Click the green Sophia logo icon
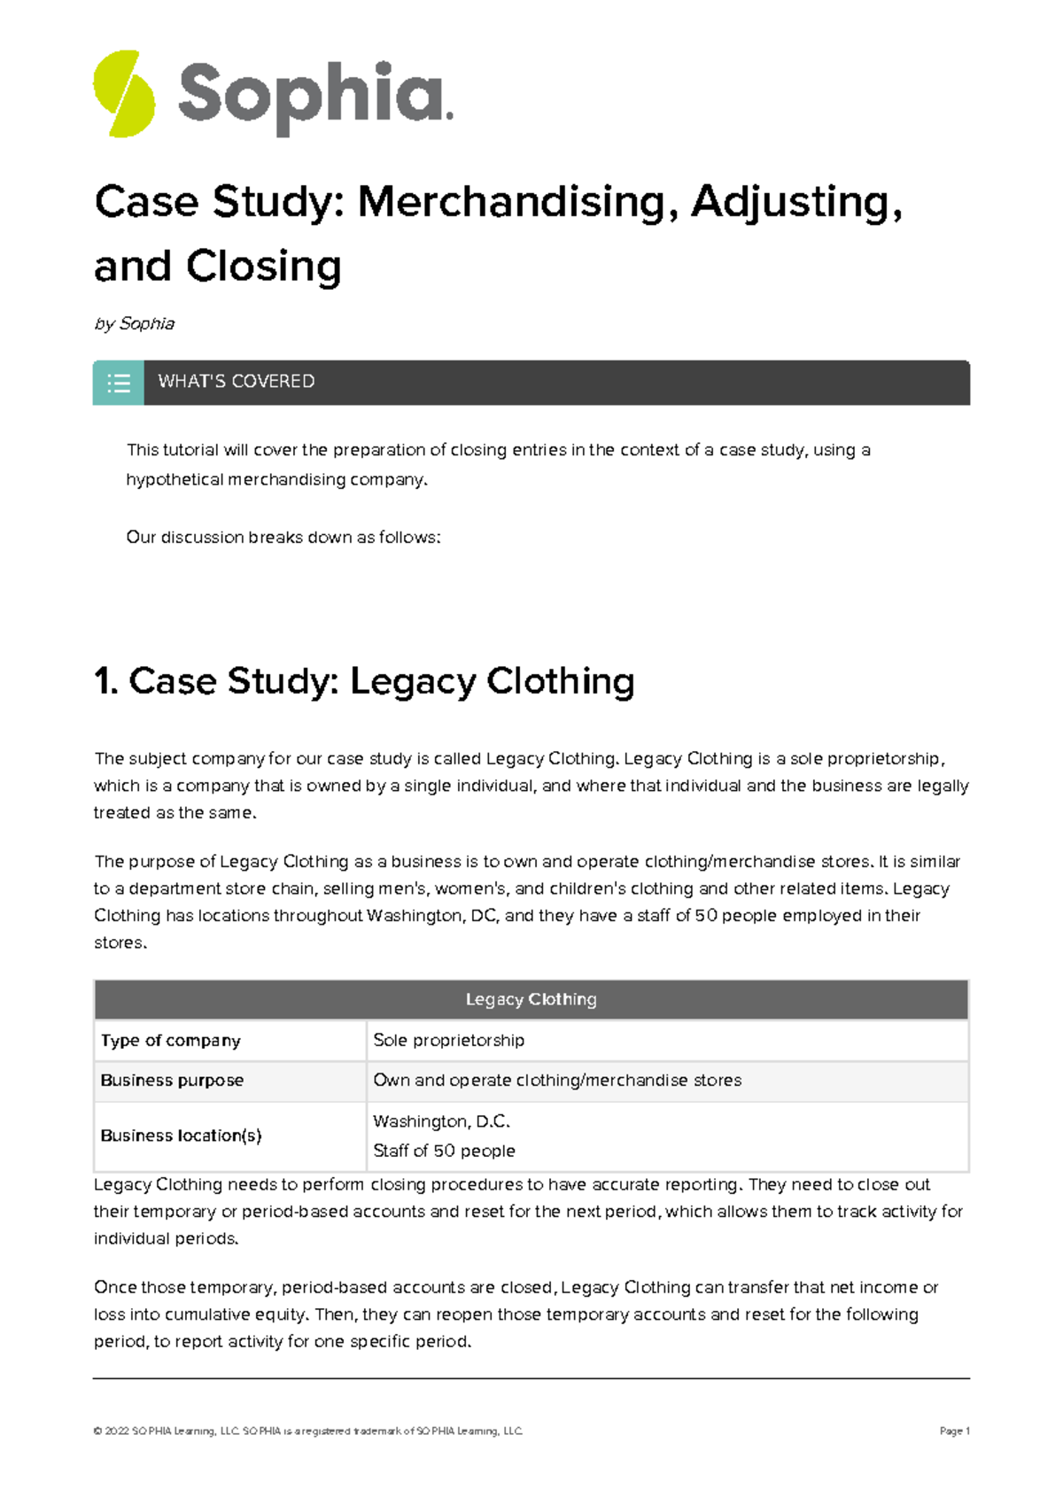tap(124, 94)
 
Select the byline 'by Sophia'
tap(135, 324)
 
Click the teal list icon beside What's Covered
tap(119, 383)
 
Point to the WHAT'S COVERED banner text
tap(237, 382)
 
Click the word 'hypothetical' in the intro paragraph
tap(175, 480)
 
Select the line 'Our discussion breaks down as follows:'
tap(283, 538)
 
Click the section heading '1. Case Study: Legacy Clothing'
tap(364, 682)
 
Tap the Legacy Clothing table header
tap(531, 1000)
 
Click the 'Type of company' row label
tap(171, 1041)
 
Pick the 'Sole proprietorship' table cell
tap(449, 1041)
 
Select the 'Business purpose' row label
tap(172, 1081)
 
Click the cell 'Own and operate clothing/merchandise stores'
tap(557, 1081)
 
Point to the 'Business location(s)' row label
tap(181, 1136)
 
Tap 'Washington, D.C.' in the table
tap(442, 1121)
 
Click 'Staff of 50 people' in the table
tap(444, 1151)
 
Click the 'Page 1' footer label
tap(954, 1430)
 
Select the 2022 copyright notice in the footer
tap(308, 1430)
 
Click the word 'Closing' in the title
tap(263, 267)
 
